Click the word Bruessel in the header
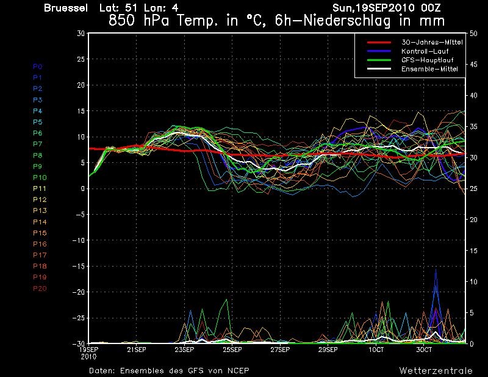point(66,8)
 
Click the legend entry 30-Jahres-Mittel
point(432,42)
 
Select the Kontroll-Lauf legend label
point(425,51)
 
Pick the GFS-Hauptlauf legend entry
point(428,60)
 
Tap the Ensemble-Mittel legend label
point(429,69)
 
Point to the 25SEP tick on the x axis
point(232,350)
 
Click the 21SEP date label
point(136,350)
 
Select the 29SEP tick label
point(328,350)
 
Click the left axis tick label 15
point(81,111)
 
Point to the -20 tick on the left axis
point(79,292)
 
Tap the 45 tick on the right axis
point(473,65)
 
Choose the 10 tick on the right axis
point(473,282)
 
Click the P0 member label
point(37,66)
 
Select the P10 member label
point(40,178)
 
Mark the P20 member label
point(40,289)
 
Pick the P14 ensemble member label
point(40,222)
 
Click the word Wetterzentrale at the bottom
point(436,370)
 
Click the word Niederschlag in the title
point(346,21)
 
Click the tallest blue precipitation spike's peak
point(436,270)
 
